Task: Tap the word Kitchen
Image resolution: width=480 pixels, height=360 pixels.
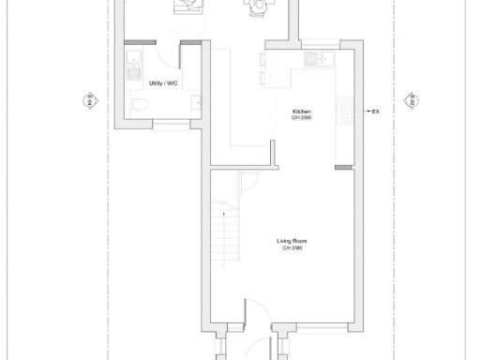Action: pyautogui.click(x=302, y=111)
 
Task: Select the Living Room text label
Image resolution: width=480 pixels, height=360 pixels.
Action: pyautogui.click(x=291, y=241)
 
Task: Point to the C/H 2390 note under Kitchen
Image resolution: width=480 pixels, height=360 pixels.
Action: pyautogui.click(x=302, y=117)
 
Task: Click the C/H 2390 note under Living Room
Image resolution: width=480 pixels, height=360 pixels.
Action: pyautogui.click(x=291, y=247)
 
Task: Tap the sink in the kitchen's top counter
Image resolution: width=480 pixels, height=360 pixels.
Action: pyautogui.click(x=316, y=60)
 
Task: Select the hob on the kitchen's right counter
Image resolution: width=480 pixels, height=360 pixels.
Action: pyautogui.click(x=345, y=111)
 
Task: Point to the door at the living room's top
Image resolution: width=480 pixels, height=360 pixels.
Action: pyautogui.click(x=247, y=182)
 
